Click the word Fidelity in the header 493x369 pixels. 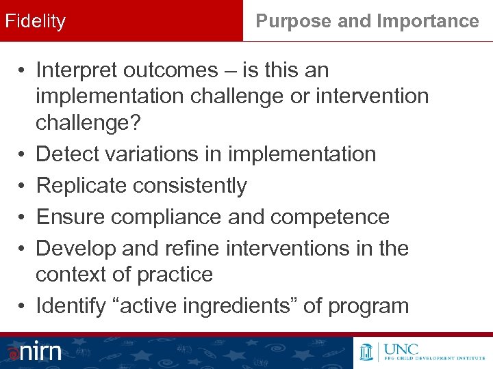36,21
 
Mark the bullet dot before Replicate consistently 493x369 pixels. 23,186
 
